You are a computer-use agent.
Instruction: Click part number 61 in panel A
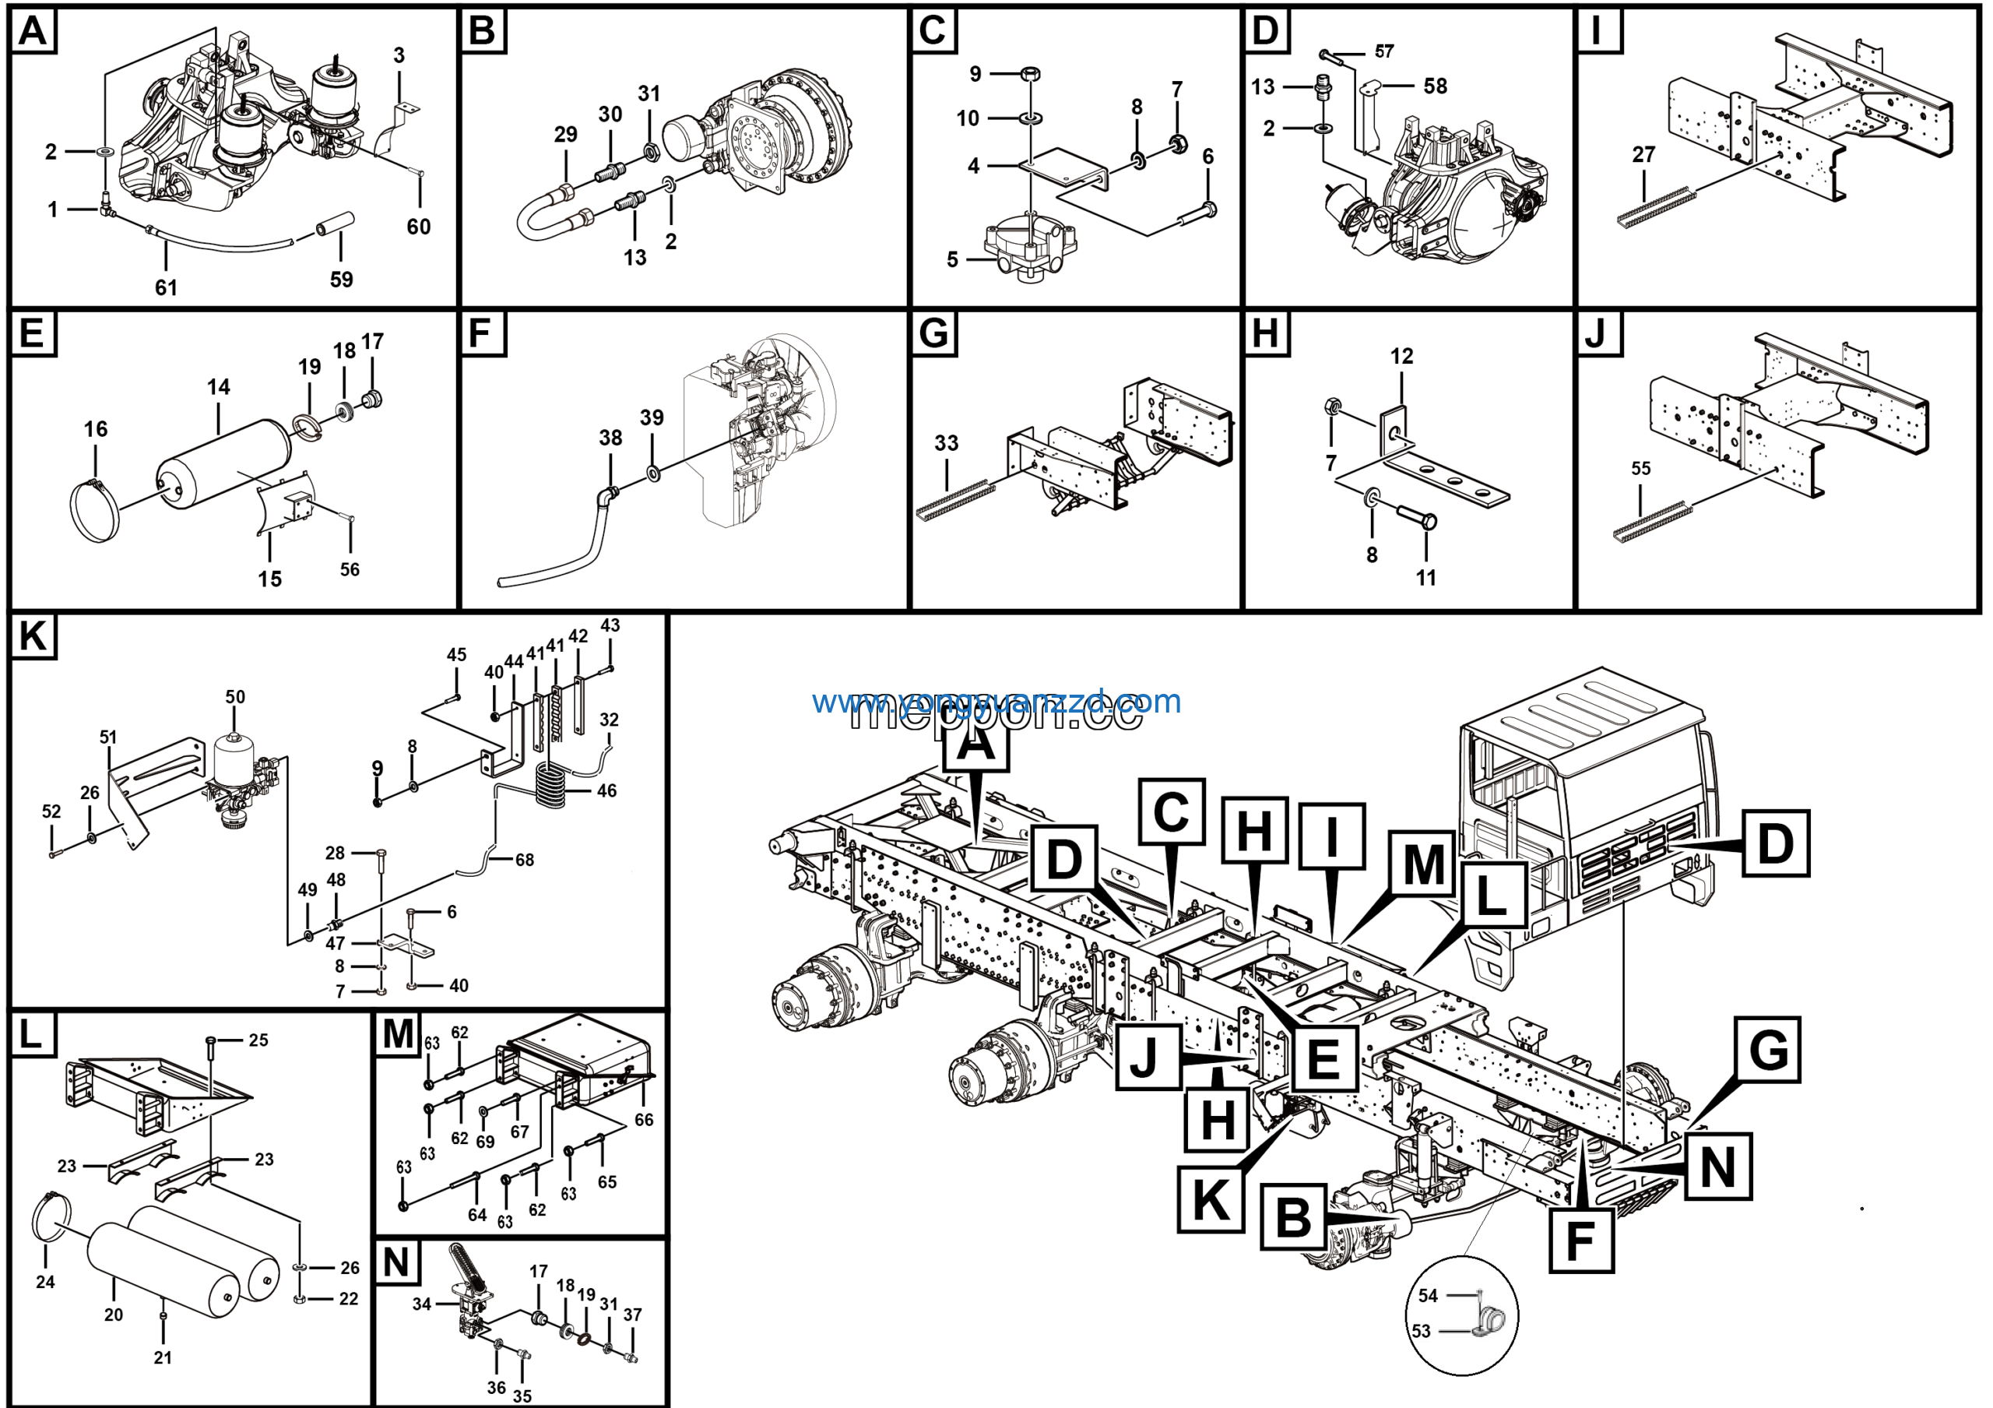click(x=166, y=287)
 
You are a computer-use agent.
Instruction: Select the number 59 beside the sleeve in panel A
click(x=341, y=280)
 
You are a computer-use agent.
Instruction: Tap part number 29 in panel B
click(x=565, y=135)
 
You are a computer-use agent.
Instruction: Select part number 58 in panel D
click(x=1435, y=86)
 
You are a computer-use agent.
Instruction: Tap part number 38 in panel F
click(x=610, y=438)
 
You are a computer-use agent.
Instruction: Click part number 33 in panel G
click(x=946, y=442)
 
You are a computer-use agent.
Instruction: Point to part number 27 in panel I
click(x=1643, y=154)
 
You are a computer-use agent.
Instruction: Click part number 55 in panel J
click(x=1640, y=469)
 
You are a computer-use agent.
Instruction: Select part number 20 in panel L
click(x=113, y=1315)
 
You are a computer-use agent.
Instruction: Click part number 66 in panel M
click(x=643, y=1120)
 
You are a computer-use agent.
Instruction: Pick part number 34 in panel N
click(x=422, y=1304)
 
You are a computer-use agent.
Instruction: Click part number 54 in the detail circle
click(x=1428, y=1295)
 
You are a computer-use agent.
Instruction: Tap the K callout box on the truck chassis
click(x=1210, y=1199)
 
